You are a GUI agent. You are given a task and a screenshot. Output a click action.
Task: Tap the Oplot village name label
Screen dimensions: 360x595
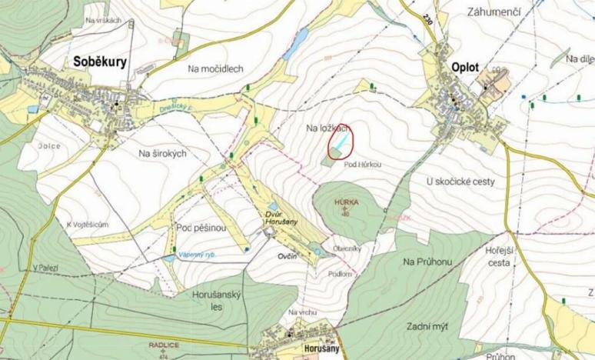pos(460,68)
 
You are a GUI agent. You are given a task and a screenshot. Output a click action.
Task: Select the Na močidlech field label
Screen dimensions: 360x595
pos(215,68)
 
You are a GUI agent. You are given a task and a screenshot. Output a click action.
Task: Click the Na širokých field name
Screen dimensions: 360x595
pos(163,154)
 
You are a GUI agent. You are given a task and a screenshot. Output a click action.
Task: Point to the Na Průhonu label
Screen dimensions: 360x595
pos(427,262)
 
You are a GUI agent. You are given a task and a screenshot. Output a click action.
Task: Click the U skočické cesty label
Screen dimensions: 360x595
pos(460,182)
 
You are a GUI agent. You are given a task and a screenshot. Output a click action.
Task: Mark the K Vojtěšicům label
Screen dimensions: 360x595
pos(87,223)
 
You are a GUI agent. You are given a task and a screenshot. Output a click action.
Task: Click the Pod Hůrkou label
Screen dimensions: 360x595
pos(364,165)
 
